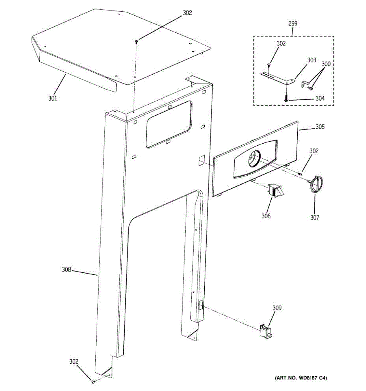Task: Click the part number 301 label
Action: (53, 98)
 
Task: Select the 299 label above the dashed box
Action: (292, 23)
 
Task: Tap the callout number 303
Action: (311, 60)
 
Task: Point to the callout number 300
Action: (326, 64)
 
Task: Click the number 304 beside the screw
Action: (320, 98)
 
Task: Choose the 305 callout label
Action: (320, 127)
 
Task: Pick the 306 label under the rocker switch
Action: (266, 216)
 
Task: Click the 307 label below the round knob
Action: (314, 218)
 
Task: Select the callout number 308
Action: (66, 269)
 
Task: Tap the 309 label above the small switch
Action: (277, 308)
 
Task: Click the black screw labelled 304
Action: (285, 98)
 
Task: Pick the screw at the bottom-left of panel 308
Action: (93, 382)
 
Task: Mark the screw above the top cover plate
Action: (136, 41)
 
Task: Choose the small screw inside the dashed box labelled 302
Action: (268, 65)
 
